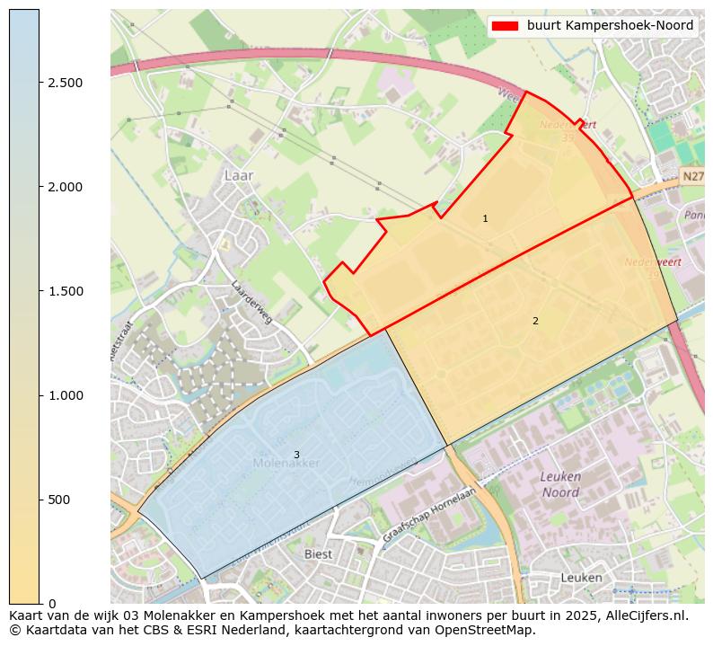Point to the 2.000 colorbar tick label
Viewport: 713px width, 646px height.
coord(66,187)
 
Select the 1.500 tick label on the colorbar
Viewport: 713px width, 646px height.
coord(66,291)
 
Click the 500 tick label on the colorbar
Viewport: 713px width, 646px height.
coord(59,500)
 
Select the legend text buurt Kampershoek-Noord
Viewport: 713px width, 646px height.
coord(610,26)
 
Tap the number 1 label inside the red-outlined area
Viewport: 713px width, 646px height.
coord(485,219)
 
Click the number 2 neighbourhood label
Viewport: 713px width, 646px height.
coord(535,321)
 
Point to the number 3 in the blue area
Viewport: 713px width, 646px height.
coord(296,455)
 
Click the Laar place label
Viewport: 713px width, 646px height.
coord(240,175)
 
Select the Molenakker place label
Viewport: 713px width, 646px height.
coord(286,464)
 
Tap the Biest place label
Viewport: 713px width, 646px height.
coord(318,554)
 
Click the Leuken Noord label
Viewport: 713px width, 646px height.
coord(560,484)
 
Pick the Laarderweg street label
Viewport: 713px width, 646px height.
coord(251,302)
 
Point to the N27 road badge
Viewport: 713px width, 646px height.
coord(691,178)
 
